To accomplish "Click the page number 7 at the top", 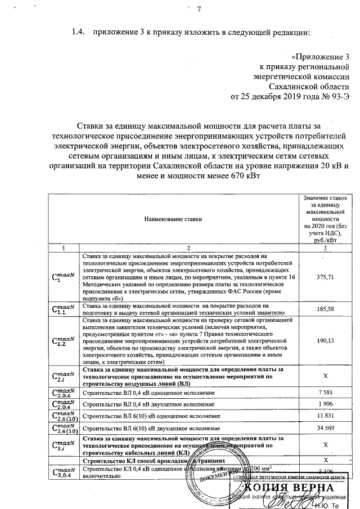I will (199, 8).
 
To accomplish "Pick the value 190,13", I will (325, 341).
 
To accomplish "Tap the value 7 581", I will (325, 391).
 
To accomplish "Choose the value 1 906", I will (325, 404).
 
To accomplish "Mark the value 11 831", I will (325, 416).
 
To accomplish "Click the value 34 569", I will (325, 429).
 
